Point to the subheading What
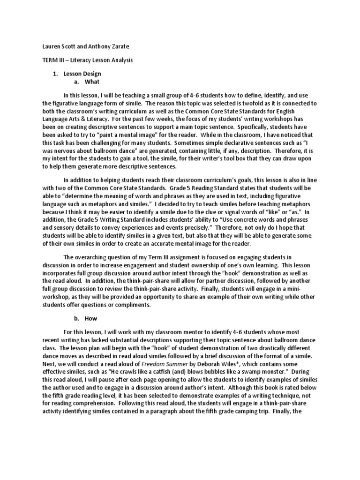click(x=92, y=82)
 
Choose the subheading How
click(x=90, y=318)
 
